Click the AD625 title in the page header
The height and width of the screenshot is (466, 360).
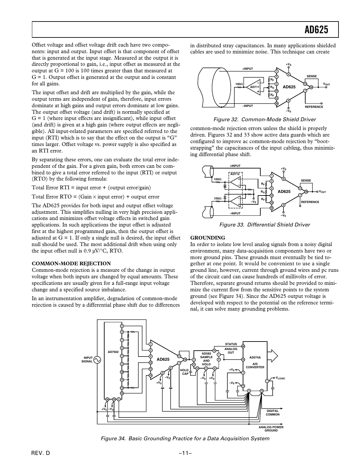[316, 30]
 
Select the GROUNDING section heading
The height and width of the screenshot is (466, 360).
[208, 238]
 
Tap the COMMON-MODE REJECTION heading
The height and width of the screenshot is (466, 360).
[71, 263]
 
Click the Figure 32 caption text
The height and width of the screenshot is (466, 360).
[264, 119]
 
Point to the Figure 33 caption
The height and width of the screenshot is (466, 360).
[265, 225]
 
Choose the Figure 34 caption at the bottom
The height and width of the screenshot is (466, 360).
[185, 438]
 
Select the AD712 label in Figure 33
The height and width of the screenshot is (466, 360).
[235, 174]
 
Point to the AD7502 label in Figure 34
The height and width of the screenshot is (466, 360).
[113, 352]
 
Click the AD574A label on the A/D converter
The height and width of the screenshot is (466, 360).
[255, 357]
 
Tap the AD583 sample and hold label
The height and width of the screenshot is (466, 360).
[206, 353]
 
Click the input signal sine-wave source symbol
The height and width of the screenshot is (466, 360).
[97, 360]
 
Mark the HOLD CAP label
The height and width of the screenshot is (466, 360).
[184, 372]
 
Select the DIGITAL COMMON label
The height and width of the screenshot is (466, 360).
[272, 413]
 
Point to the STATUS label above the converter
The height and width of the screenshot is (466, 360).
[231, 344]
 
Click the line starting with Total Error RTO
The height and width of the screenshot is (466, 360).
[95, 197]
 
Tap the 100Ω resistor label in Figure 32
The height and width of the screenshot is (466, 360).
[239, 84]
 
